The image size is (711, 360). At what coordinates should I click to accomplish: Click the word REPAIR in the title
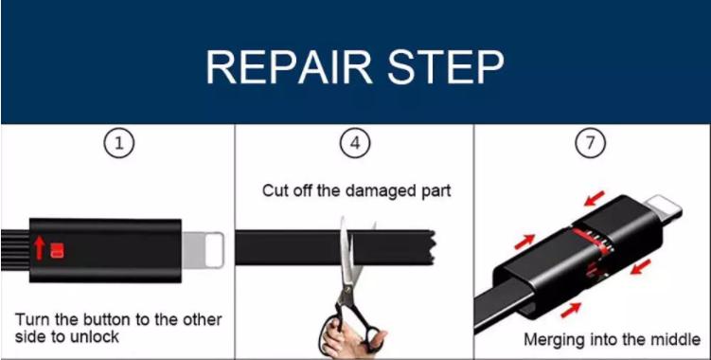point(290,67)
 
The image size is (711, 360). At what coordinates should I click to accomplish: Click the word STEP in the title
point(446,67)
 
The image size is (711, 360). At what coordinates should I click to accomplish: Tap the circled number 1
point(118,144)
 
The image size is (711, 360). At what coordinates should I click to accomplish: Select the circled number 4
point(355,143)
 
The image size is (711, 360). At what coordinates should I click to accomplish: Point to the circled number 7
point(590,143)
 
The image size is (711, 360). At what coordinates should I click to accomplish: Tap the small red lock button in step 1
point(57,251)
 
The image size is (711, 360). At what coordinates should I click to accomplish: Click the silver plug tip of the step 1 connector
point(204,250)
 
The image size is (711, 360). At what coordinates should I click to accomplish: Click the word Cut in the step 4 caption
point(275,190)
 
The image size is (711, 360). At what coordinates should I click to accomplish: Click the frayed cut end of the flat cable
point(431,247)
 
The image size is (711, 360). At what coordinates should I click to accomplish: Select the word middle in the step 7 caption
point(676,338)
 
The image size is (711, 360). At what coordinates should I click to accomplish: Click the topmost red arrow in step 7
point(595,198)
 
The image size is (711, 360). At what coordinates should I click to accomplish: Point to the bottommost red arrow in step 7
point(571,310)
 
